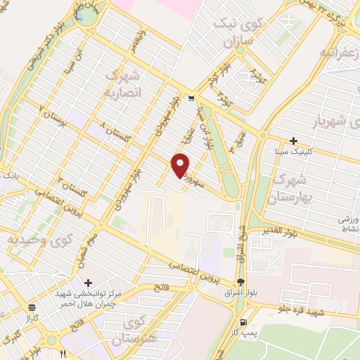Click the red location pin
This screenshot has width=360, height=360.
(181, 165)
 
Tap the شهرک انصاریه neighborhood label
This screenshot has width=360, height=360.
(124, 84)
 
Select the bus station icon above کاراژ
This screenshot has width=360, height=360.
(32, 307)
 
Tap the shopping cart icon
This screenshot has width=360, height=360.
(191, 99)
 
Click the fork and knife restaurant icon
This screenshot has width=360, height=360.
(63, 353)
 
